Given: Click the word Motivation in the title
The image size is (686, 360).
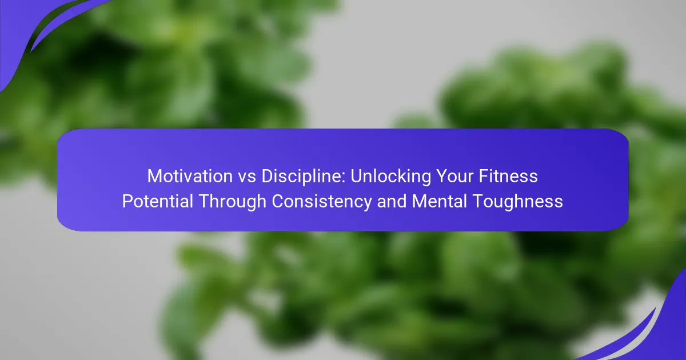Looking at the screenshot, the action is (190, 177).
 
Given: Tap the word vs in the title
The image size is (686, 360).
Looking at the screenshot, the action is (247, 178).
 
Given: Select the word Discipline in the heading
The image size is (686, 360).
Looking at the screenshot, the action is (304, 177).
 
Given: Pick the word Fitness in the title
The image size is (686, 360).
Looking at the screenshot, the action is (508, 176).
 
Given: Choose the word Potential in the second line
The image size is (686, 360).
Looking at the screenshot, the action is (157, 201).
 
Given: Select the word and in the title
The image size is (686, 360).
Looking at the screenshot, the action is (392, 201).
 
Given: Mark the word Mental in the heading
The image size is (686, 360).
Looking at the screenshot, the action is (439, 201).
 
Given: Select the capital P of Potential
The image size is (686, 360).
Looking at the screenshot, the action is (127, 201).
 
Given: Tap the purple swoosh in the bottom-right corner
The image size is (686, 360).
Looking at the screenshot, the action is (659, 331).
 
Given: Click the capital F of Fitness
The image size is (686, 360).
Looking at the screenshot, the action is (484, 177).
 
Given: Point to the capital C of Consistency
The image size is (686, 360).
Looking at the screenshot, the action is (278, 201).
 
